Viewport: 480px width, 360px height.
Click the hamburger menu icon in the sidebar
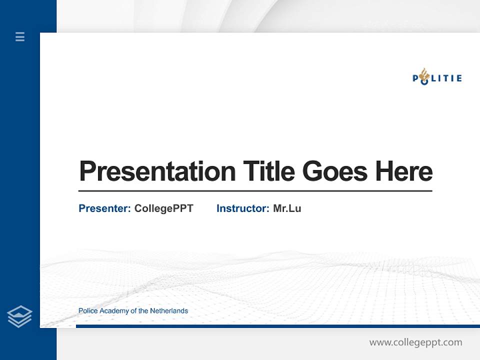[x=20, y=36]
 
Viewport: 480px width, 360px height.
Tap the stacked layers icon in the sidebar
[x=19, y=316]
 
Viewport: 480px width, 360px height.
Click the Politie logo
[x=437, y=77]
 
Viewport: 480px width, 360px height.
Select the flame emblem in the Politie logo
[x=424, y=74]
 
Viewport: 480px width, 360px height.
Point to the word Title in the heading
[x=268, y=171]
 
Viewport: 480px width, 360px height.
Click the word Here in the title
[x=403, y=171]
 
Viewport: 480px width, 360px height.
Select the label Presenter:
[x=104, y=208]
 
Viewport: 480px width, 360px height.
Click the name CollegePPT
[x=163, y=208]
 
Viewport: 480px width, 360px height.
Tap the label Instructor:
[x=242, y=208]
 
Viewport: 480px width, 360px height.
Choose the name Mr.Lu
[x=287, y=208]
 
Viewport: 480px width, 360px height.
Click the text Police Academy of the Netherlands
[x=133, y=311]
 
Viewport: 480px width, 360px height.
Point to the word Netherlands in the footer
[x=169, y=311]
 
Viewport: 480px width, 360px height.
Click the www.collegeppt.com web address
[x=415, y=342]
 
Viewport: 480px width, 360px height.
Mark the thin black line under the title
[x=255, y=190]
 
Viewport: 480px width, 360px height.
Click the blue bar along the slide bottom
[x=277, y=326]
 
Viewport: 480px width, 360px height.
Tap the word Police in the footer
[x=88, y=311]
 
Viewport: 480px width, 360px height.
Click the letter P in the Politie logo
[x=415, y=78]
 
